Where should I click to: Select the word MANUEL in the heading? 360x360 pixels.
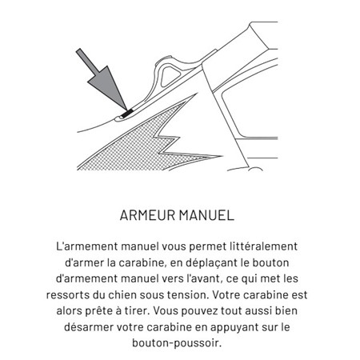[x=210, y=216]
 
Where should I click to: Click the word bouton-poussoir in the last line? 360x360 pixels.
[x=179, y=344]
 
